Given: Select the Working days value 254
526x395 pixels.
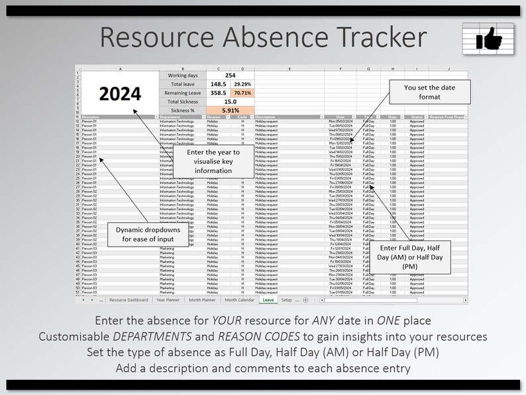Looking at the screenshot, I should point(230,75).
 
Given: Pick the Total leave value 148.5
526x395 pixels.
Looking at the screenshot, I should point(218,84).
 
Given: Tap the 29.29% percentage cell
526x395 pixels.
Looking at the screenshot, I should point(242,84).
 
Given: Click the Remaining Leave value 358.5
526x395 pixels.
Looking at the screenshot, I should point(218,93).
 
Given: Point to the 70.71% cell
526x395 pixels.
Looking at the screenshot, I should point(242,93).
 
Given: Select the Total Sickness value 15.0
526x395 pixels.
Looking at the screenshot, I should point(230,102).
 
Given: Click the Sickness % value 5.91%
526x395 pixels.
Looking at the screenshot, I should point(230,111).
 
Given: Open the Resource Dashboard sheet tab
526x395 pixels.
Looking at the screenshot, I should point(129,300).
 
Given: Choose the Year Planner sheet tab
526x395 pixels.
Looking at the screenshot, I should point(169,300).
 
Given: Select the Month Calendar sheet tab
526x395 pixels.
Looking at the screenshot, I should point(239,300).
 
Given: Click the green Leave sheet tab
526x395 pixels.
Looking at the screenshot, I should point(268,300).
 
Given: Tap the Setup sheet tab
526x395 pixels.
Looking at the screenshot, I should point(286,300).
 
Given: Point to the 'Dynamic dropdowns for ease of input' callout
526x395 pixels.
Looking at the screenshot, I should point(142,235).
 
